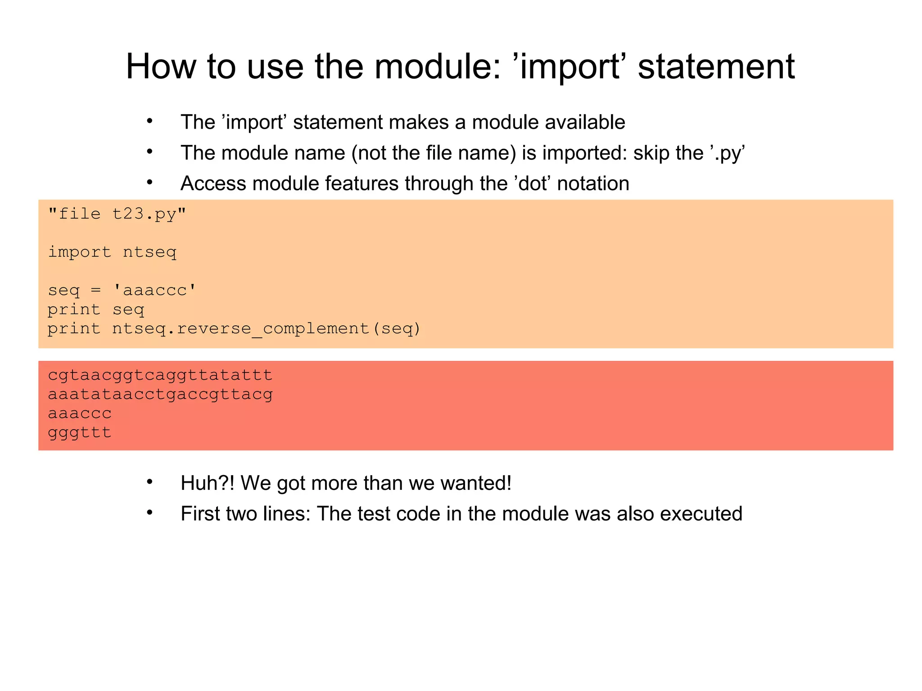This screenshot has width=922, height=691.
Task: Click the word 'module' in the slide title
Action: (x=437, y=67)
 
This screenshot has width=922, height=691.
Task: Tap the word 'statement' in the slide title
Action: (x=716, y=67)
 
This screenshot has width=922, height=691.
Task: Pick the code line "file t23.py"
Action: (x=117, y=214)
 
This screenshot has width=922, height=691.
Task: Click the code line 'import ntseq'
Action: (x=112, y=252)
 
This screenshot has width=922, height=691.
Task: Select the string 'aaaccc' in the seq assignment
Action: (x=155, y=290)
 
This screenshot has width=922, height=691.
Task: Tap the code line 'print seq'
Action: (x=96, y=310)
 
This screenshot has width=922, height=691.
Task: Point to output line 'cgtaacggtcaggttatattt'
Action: (x=160, y=375)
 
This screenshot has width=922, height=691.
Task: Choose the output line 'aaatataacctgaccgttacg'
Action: (x=160, y=394)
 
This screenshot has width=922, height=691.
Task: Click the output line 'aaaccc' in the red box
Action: (x=80, y=413)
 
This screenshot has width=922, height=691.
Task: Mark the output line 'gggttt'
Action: (x=80, y=432)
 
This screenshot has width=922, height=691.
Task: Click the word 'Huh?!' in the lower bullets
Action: (x=208, y=483)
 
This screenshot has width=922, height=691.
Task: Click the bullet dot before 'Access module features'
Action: (x=149, y=183)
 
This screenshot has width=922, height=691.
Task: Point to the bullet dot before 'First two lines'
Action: (x=149, y=513)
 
